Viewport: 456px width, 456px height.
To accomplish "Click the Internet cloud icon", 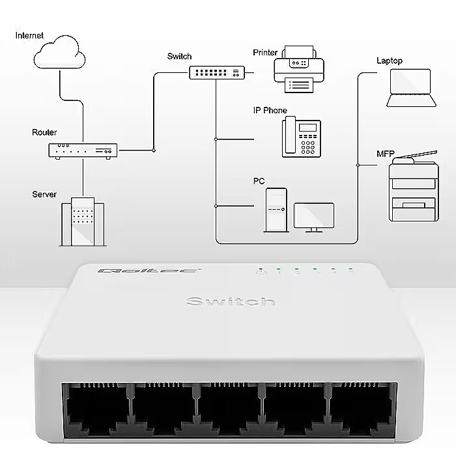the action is point(59,52).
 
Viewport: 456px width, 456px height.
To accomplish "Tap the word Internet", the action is point(29,35).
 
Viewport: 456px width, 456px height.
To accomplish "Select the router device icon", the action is point(83,151).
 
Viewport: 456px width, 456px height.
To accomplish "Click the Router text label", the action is point(44,132).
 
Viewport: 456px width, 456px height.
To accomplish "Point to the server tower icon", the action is point(83,221).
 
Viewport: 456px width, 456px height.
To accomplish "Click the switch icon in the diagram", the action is point(217,72).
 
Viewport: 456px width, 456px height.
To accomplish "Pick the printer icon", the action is point(299,69).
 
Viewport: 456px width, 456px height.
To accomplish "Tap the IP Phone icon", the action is point(301,137).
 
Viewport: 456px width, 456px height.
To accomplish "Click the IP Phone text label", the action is point(270,111).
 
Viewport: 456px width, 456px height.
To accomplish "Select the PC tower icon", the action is point(276,210).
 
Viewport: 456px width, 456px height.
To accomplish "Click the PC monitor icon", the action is point(314,217).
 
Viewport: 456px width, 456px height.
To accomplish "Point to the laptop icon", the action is point(411,88).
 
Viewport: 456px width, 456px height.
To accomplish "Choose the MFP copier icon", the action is point(414,186).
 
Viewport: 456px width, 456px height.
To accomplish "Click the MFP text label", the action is point(386,154).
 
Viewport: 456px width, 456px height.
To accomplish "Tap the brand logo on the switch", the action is point(149,271).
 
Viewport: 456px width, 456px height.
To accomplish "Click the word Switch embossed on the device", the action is point(231,302).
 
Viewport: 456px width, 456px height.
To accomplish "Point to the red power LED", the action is point(261,269).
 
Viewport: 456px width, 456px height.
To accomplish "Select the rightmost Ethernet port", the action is point(362,410).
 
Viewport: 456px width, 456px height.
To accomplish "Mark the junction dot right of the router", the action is point(154,150).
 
